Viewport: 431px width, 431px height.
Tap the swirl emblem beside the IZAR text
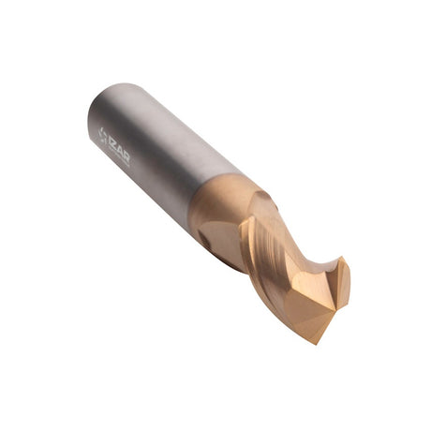(x=103, y=134)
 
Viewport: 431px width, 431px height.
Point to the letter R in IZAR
(x=126, y=160)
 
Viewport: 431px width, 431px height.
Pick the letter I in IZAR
(x=111, y=142)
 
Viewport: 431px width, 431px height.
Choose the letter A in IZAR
(x=121, y=155)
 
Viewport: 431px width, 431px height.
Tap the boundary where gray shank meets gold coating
(x=215, y=200)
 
